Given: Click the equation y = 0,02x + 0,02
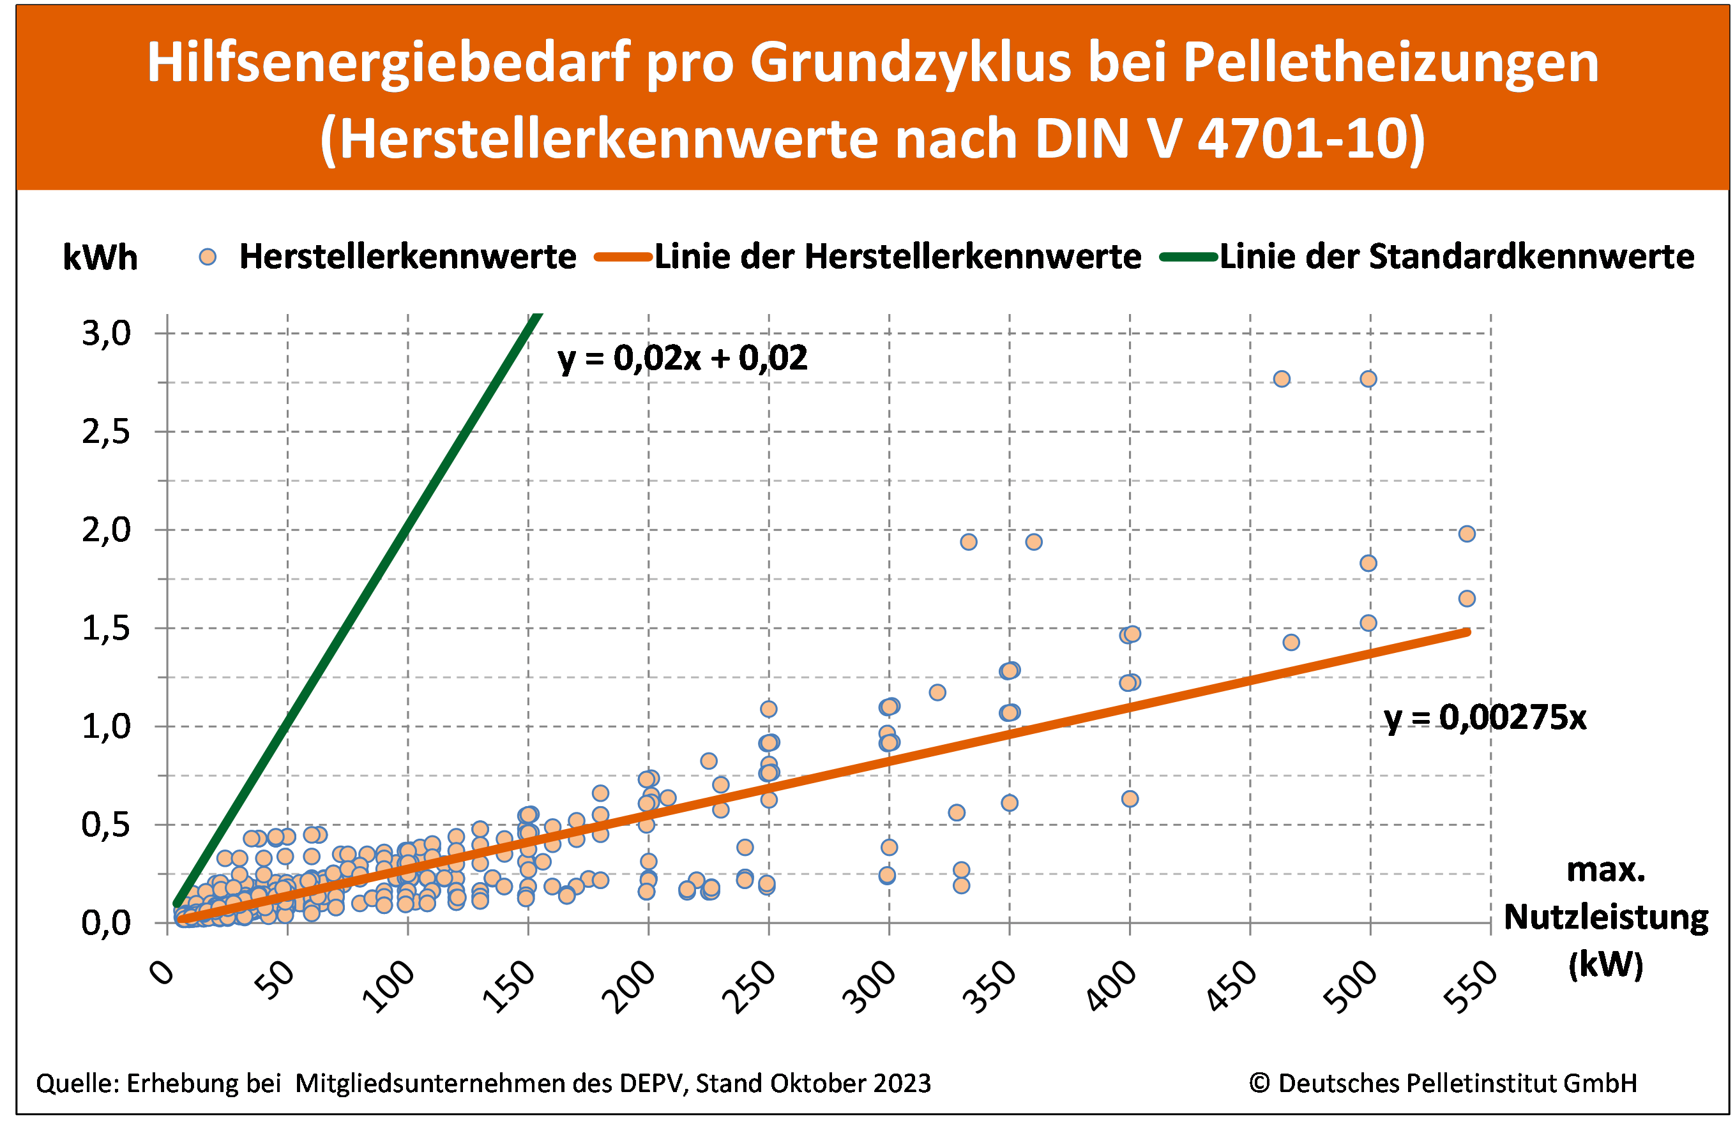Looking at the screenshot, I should [x=683, y=359].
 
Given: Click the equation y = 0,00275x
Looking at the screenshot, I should [x=1484, y=718].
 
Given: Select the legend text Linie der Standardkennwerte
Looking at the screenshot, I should [x=1457, y=257].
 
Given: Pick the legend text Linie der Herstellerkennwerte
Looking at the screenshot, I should [x=897, y=257].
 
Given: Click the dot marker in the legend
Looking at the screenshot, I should [x=208, y=257].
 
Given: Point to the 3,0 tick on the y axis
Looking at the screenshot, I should [x=107, y=334].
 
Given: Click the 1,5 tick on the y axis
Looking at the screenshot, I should [x=107, y=628].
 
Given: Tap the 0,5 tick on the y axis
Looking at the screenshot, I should [x=107, y=825].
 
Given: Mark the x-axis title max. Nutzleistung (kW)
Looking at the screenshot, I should [x=1606, y=917].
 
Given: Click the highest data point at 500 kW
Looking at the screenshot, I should [x=1368, y=379].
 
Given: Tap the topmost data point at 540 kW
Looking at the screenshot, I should [x=1467, y=534].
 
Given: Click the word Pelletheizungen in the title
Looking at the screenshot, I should [x=1390, y=62].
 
